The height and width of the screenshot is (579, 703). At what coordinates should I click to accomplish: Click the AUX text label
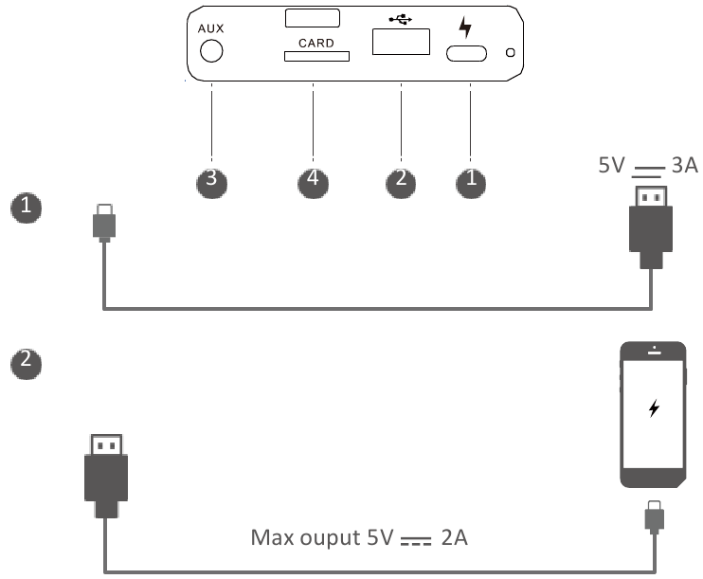210,28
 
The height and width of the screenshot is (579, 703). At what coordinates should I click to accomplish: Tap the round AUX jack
211,50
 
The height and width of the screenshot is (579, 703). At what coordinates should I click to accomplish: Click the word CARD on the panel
316,43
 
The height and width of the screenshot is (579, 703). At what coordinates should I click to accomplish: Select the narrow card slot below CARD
316,56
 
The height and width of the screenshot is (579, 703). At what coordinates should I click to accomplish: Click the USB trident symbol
401,19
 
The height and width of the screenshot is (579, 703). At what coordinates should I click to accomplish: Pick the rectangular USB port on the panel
402,42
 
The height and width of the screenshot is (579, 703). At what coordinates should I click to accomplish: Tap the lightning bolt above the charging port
466,27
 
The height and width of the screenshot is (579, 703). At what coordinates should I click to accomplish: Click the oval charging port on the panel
466,53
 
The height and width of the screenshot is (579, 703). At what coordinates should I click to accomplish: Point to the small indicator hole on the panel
511,52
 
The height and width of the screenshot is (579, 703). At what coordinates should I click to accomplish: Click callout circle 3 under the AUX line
211,183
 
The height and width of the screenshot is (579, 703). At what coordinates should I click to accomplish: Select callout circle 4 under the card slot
313,183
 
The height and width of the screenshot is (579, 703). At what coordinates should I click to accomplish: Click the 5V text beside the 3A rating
611,165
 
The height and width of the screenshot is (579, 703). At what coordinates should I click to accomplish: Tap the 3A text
685,165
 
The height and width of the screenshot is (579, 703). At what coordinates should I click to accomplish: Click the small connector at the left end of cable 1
104,223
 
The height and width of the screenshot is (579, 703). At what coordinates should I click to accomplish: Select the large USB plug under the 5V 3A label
651,227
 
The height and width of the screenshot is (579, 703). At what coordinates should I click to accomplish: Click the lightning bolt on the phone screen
654,408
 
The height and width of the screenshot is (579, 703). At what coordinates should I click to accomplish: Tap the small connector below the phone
655,517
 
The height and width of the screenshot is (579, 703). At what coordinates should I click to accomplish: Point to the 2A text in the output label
455,537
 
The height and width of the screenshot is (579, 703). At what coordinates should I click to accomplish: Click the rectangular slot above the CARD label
313,18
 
